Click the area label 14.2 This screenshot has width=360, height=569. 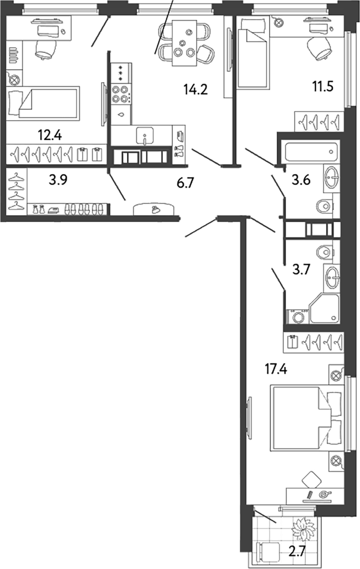[196, 89]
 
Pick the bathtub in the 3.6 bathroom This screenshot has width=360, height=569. [311, 152]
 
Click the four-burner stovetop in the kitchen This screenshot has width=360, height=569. [121, 94]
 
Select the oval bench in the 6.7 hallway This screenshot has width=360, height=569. [153, 209]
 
